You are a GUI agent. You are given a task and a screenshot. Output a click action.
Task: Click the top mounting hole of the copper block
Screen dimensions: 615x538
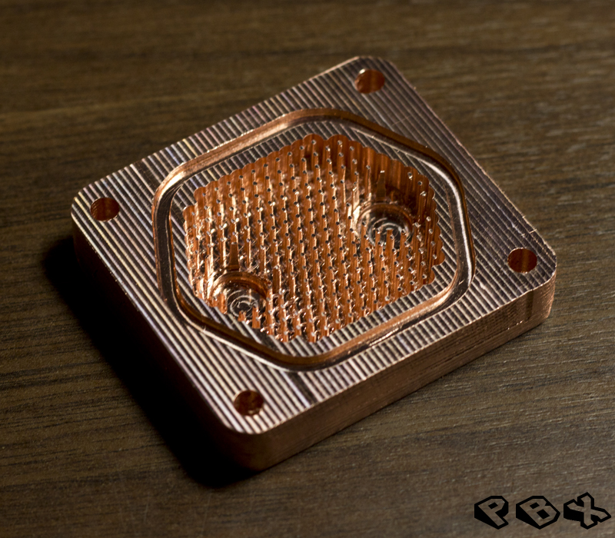(369, 81)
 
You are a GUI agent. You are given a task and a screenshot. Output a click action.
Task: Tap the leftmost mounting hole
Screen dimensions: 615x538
(105, 209)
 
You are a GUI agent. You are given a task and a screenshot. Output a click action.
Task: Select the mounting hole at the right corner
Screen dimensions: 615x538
(522, 261)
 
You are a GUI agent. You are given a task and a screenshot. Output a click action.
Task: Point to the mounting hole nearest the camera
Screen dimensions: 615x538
(248, 403)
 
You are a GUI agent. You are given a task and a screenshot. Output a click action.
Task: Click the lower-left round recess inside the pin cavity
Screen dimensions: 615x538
(240, 295)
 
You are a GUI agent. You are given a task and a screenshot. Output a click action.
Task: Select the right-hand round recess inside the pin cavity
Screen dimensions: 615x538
(387, 224)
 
